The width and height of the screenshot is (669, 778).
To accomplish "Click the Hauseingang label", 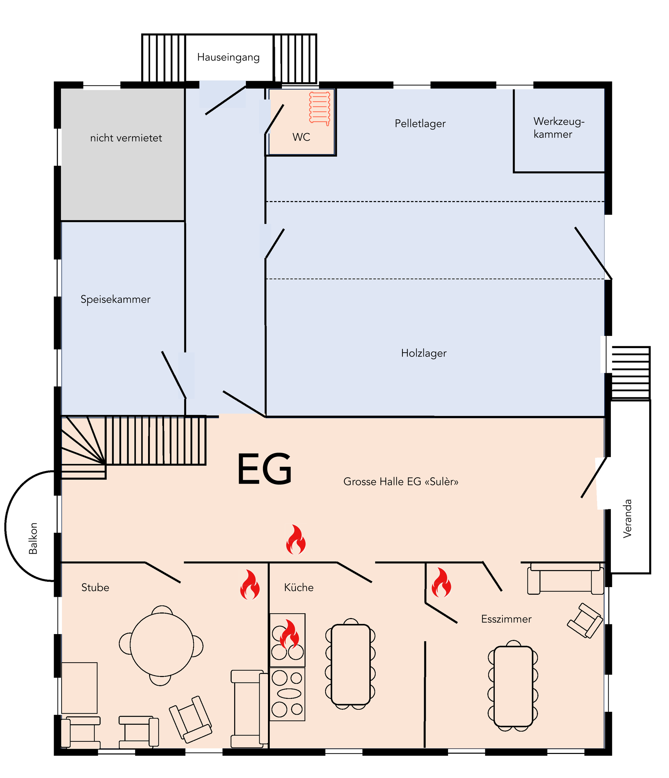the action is (228, 57).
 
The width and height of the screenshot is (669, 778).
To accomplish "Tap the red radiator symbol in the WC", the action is (320, 108).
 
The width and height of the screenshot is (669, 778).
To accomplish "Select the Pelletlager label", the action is (420, 124).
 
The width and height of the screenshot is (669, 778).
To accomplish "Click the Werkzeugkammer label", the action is (559, 128).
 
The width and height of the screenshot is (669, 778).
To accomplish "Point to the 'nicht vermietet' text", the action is (126, 138).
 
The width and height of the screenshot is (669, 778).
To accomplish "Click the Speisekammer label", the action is (116, 299).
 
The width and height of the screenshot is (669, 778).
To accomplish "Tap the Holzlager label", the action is (424, 353).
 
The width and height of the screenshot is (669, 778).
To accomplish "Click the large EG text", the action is (265, 469).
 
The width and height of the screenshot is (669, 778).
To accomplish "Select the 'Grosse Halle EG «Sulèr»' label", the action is (401, 482).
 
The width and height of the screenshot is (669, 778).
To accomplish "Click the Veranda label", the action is (627, 518).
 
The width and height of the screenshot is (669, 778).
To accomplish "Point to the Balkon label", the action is (33, 538).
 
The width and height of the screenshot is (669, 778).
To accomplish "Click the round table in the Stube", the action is (162, 645).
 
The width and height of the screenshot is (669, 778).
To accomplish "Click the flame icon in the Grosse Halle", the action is (296, 540).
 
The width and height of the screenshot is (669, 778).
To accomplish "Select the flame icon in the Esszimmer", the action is (441, 583).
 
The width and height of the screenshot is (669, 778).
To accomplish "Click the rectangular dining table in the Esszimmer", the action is (513, 686).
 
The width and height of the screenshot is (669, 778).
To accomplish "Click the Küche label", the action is (299, 587).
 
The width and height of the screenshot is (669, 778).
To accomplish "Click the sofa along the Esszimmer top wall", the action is (566, 579).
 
